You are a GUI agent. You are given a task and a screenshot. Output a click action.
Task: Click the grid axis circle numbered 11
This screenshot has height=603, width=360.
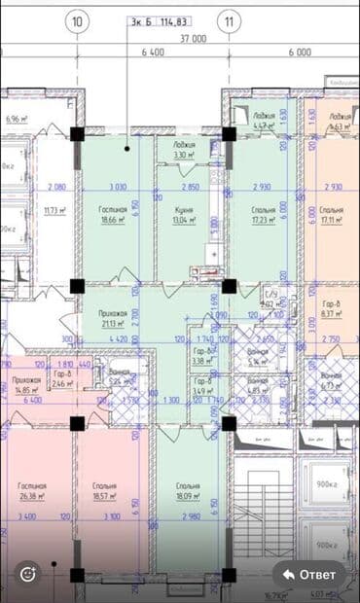tap(229, 18)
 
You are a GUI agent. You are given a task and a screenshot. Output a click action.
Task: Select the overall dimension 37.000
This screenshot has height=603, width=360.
tap(192, 39)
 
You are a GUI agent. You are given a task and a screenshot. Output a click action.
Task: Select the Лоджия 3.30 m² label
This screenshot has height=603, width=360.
tap(184, 150)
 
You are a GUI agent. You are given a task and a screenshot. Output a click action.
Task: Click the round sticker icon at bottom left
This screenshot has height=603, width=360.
tap(29, 573)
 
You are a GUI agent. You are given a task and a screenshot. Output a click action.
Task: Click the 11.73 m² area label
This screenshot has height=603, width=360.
tap(53, 209)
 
